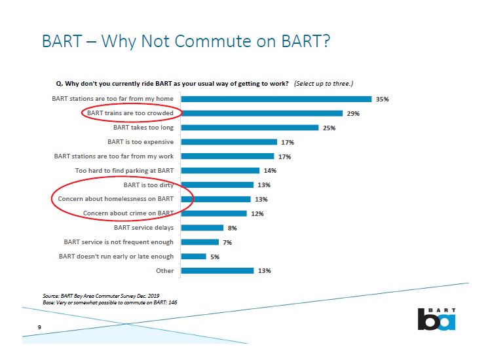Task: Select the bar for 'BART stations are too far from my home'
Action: [276, 99]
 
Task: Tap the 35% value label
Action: [383, 99]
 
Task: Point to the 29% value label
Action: [353, 113]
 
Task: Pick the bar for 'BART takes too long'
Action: [250, 128]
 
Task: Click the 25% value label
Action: [329, 128]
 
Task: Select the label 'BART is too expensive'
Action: [140, 142]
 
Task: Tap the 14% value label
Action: [270, 171]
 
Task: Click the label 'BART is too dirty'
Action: [149, 185]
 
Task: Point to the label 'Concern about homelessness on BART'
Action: [116, 198]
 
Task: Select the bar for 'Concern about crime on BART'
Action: [214, 213]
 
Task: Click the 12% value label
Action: [257, 213]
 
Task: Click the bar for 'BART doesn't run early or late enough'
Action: [193, 256]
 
